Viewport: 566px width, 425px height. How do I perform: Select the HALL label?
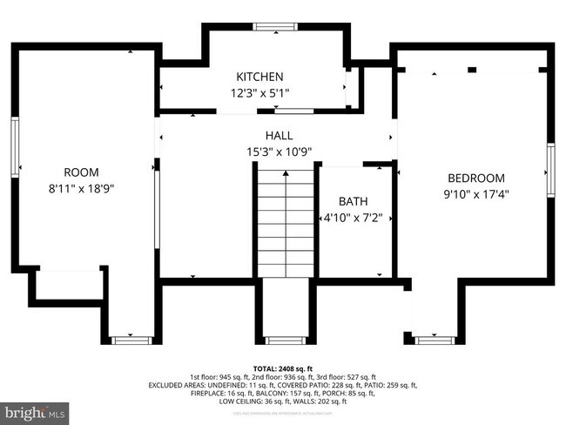[x=279, y=136]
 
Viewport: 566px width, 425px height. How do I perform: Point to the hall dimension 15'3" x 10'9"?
[x=279, y=151]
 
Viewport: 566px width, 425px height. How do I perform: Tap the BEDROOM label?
[x=475, y=178]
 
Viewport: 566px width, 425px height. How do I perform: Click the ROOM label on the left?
[x=81, y=172]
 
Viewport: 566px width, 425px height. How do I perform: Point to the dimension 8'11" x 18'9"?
[x=81, y=186]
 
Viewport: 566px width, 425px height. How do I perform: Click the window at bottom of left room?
[x=131, y=340]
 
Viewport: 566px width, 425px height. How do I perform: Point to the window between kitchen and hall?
[x=293, y=111]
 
